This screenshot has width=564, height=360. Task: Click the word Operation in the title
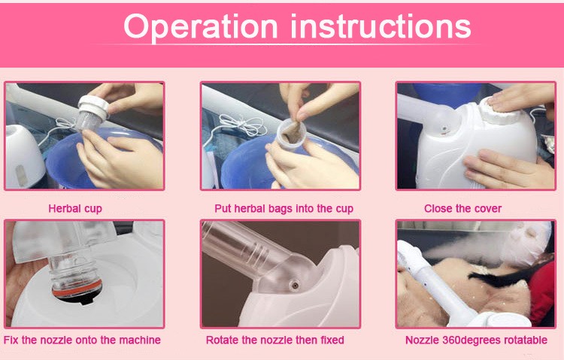(201, 27)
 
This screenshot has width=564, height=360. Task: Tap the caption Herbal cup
(75, 209)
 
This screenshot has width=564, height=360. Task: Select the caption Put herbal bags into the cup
(284, 209)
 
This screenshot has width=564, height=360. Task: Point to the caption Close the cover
(462, 208)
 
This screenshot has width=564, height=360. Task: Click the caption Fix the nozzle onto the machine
(82, 340)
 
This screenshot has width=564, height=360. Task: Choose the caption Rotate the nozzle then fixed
(274, 340)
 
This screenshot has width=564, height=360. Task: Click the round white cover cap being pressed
(499, 108)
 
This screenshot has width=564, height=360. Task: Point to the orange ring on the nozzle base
(77, 289)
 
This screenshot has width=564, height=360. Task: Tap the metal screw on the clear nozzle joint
(295, 286)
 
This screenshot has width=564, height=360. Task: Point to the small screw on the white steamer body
(445, 129)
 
